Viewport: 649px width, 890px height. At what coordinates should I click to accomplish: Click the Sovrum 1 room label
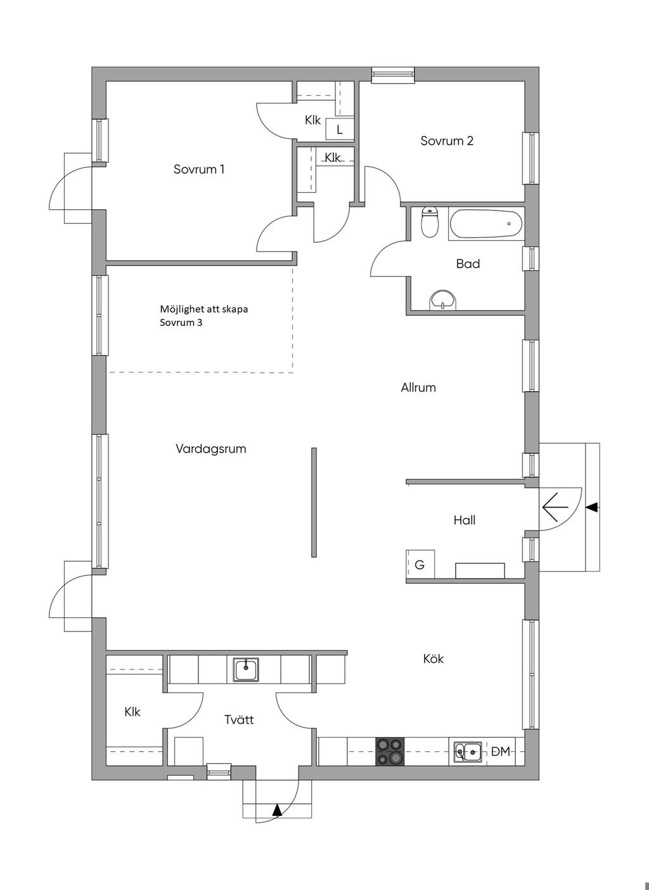point(199,169)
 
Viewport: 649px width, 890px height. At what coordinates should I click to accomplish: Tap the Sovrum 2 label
point(447,141)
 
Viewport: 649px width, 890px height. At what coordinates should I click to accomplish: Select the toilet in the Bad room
point(429,222)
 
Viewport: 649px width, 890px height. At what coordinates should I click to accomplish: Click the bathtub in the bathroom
point(485,224)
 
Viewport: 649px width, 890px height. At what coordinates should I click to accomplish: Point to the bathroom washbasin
point(443,300)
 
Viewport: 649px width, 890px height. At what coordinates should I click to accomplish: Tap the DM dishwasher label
point(501,751)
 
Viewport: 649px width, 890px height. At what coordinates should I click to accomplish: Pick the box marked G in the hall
point(420,564)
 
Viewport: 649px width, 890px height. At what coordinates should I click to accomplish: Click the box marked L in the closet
point(340,129)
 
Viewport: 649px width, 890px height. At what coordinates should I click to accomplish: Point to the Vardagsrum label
point(211,449)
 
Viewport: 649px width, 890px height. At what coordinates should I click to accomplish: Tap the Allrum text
point(418,387)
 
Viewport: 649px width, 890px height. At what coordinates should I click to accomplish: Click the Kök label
point(434,659)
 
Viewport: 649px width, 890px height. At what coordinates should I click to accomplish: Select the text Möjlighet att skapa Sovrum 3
point(203,316)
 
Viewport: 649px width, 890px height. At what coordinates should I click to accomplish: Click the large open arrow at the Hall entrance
point(555,507)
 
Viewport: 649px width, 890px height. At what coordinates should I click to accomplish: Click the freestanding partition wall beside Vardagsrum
point(314,503)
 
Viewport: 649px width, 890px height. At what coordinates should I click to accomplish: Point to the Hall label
point(465,520)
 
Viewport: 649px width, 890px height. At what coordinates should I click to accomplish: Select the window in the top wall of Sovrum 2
point(393,75)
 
